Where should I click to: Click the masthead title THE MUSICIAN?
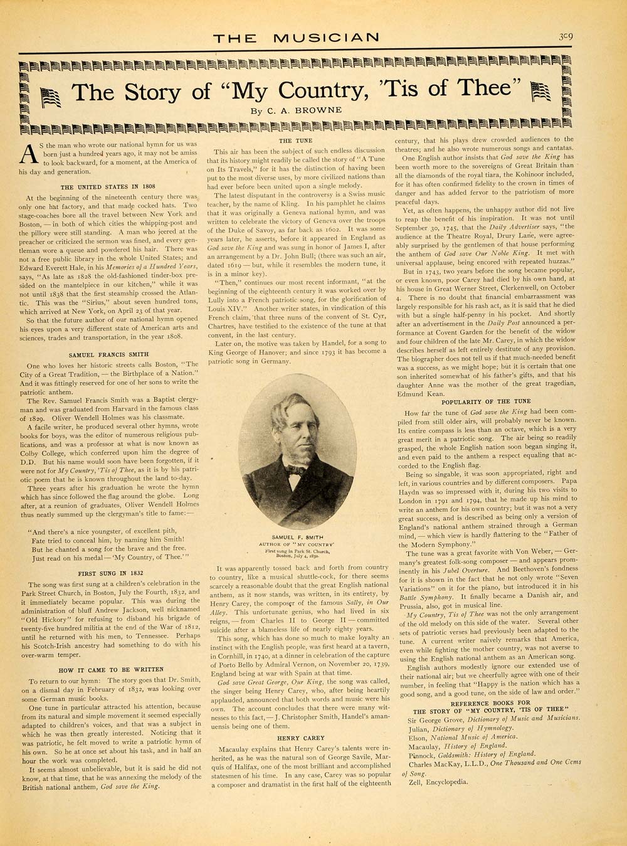click(x=296, y=38)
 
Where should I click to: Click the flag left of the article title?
click(x=51, y=97)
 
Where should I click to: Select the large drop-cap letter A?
click(x=29, y=154)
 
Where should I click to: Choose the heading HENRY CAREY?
click(x=297, y=738)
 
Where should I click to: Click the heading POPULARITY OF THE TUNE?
click(x=486, y=401)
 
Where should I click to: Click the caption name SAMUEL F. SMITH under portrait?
click(x=296, y=537)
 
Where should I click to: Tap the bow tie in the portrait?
click(x=295, y=469)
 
